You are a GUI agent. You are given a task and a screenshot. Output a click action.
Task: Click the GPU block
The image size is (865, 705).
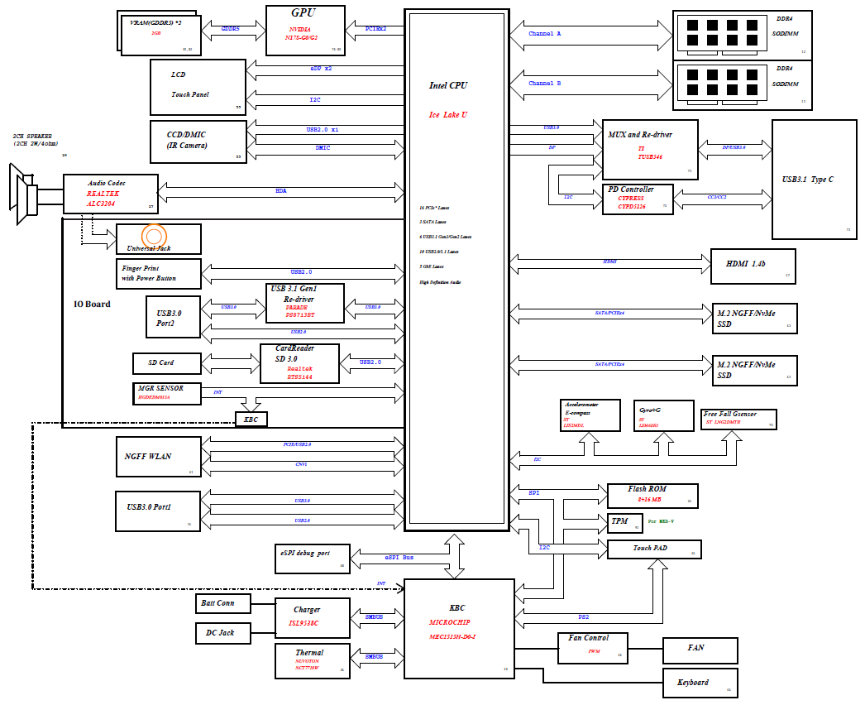click(304, 31)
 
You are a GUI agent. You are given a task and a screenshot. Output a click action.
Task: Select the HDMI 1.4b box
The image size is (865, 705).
click(753, 266)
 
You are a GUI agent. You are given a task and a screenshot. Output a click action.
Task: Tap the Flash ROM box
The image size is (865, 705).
click(652, 495)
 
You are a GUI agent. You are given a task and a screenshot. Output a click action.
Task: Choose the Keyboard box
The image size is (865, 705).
click(700, 683)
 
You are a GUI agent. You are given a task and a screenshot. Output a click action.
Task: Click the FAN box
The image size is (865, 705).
click(700, 650)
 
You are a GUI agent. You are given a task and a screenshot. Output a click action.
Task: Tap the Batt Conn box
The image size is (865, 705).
click(218, 603)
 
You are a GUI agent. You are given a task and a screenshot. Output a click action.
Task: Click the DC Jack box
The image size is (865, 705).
click(218, 633)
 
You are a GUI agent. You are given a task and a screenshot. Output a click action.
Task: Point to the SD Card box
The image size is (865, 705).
click(165, 362)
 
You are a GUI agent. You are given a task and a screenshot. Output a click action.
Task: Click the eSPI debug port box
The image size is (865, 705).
click(313, 558)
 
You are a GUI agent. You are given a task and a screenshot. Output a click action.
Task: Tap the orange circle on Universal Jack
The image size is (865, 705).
click(154, 236)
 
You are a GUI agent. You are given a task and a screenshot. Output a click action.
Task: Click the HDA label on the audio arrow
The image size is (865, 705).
click(281, 191)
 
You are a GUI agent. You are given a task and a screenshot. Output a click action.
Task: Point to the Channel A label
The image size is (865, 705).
click(545, 34)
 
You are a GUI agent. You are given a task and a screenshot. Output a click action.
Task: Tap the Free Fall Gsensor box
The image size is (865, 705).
click(738, 419)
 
